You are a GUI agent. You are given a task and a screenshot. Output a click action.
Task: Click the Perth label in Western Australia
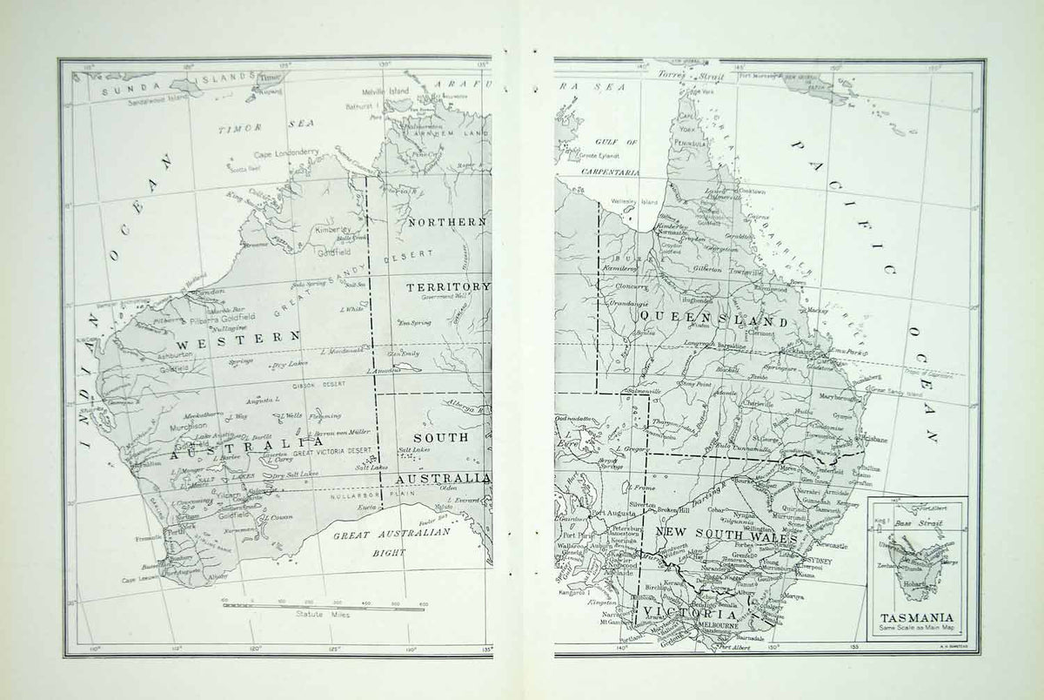[x=177, y=529]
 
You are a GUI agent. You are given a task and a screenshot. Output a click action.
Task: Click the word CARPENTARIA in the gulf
[x=611, y=172]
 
